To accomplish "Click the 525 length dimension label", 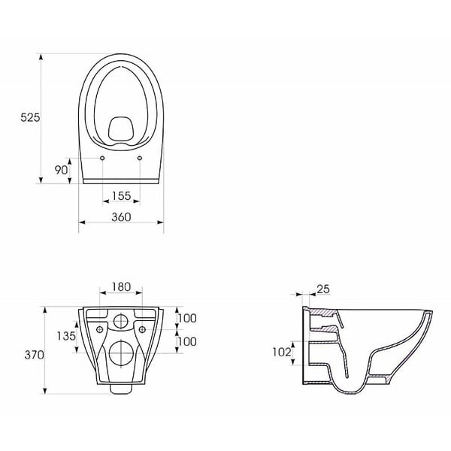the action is [30, 117].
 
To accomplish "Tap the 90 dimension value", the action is [62, 170].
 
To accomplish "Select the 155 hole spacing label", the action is [121, 196].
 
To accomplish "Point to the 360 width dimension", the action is [121, 217].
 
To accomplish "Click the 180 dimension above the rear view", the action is [121, 287].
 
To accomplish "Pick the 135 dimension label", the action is [66, 336].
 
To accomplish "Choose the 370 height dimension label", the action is [35, 356].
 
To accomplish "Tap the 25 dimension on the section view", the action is [323, 289].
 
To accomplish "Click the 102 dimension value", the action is [282, 352].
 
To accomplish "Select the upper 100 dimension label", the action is [187, 318].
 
